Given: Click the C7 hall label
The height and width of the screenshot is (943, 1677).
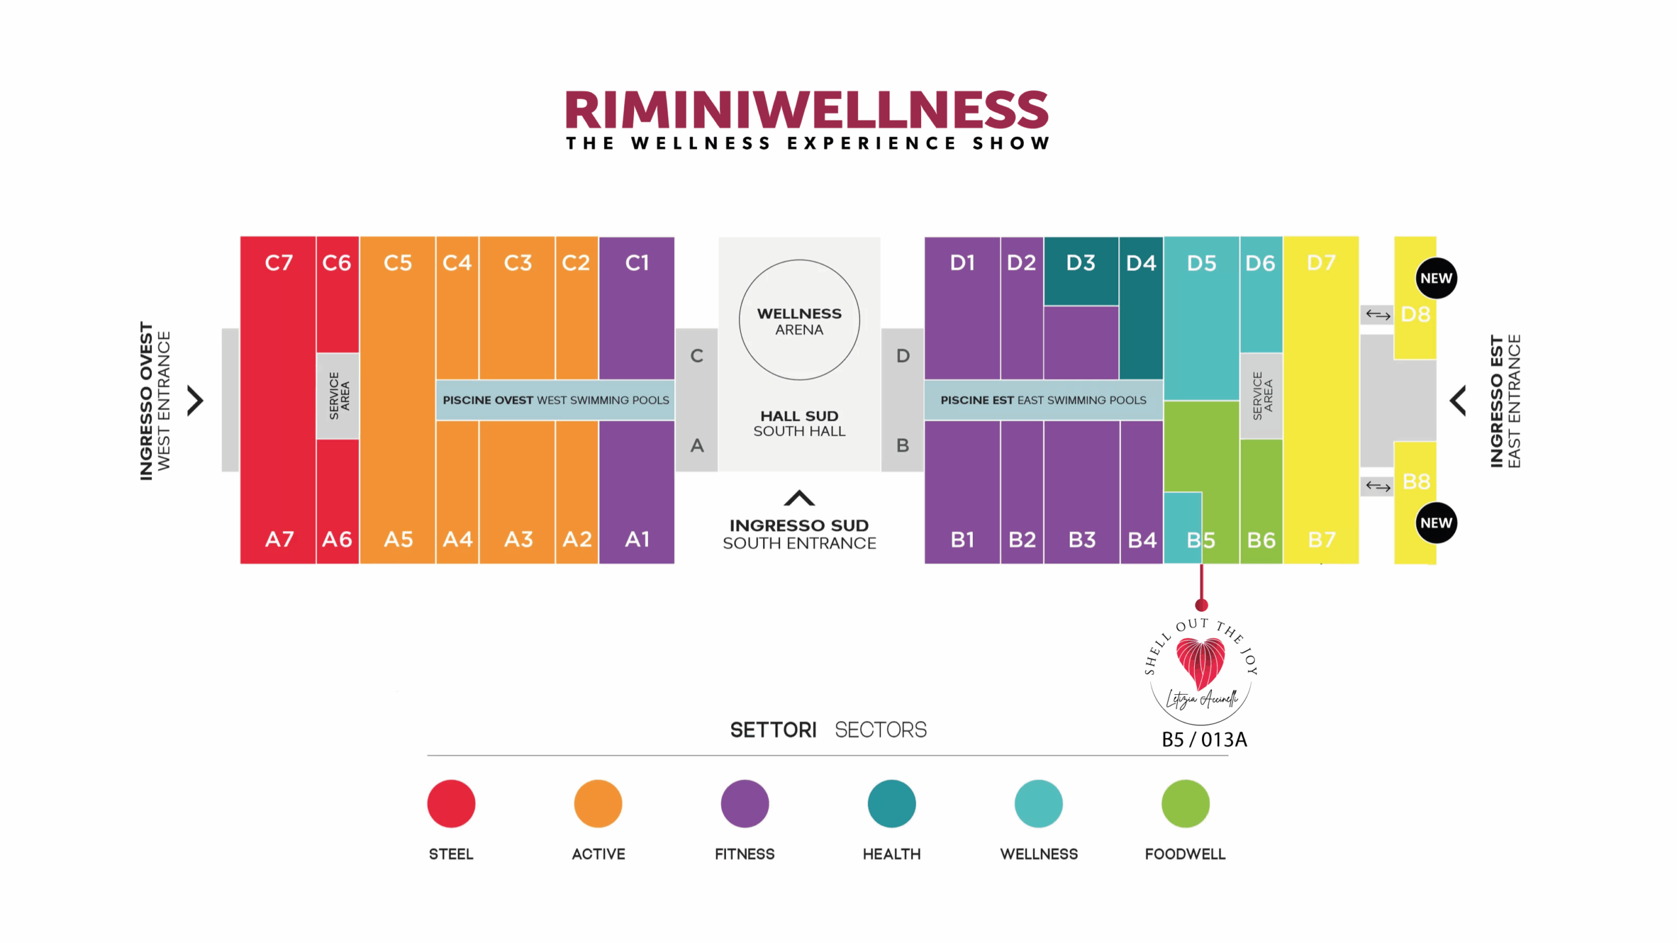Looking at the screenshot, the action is pos(278,263).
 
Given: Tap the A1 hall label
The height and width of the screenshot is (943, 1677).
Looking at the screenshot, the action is pos(637,539).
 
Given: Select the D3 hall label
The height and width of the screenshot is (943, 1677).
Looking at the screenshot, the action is pos(1080,263).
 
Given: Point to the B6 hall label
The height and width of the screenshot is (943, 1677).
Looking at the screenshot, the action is pos(1261,540).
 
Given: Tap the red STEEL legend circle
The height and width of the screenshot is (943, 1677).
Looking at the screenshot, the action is pos(451,804).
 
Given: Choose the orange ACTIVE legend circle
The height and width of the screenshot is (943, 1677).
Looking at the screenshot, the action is pos(598,804).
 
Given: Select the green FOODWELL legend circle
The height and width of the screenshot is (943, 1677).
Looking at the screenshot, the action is pos(1185,804).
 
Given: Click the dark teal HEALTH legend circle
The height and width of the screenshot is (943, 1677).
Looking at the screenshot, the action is pos(892,804).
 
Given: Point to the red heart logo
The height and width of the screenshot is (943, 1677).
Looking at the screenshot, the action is pos(1201,663).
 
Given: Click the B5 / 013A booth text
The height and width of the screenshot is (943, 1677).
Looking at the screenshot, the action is pos(1204,739).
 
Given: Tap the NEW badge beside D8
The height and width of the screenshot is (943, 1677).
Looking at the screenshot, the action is pos(1436,278).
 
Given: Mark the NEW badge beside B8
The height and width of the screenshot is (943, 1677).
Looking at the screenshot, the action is pos(1436,523).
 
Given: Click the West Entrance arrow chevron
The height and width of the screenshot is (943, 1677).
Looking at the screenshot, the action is pos(195,400).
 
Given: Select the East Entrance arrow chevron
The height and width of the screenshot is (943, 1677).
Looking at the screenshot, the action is pos(1458,401).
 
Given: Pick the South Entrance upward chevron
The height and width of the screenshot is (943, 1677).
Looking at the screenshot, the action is pos(799,498).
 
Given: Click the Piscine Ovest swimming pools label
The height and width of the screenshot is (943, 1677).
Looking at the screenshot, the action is pos(556,400).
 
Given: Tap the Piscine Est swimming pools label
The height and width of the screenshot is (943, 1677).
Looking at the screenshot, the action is pos(1044,400).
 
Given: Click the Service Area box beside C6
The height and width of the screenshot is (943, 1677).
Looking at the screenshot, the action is pos(338,396).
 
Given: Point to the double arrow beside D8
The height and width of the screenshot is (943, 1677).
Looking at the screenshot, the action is pos(1378,315).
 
